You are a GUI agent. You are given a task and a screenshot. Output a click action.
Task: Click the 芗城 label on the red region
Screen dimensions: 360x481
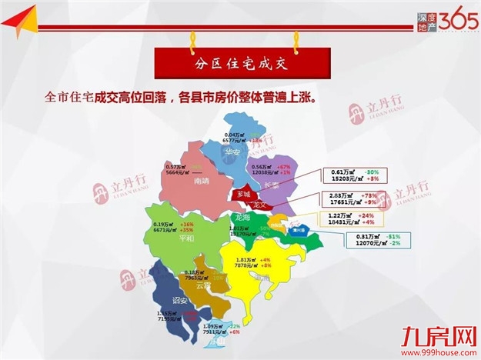244,194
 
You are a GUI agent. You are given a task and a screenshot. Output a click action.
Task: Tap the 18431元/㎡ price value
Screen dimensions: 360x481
350,222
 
